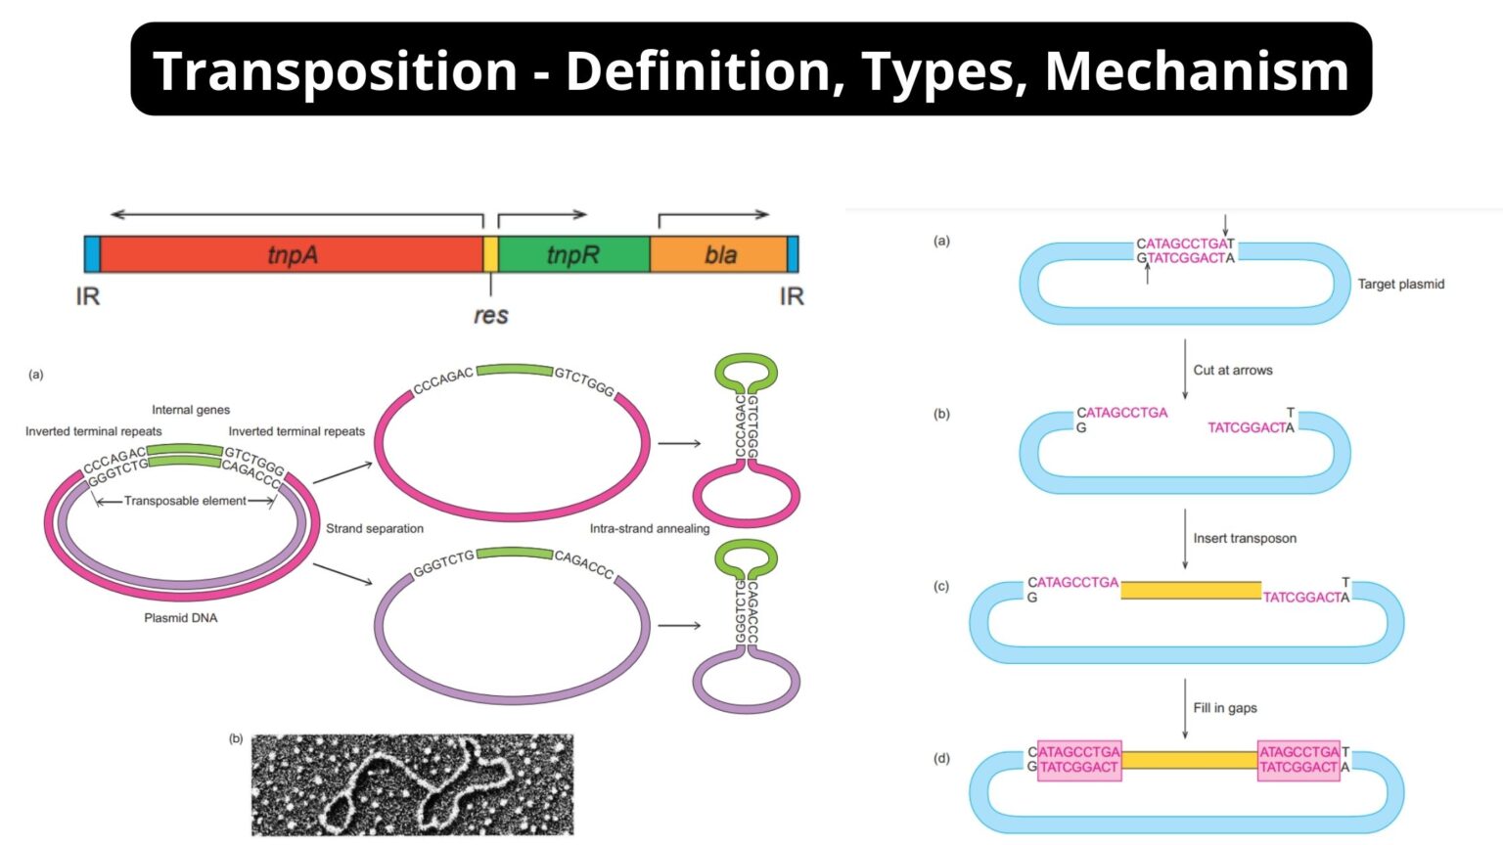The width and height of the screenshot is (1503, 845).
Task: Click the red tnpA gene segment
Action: (x=292, y=254)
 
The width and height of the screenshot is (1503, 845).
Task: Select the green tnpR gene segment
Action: (x=573, y=254)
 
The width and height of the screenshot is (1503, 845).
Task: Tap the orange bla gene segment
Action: (x=720, y=254)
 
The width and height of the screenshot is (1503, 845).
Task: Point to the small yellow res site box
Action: (x=490, y=254)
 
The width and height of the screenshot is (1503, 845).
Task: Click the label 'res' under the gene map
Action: (x=490, y=315)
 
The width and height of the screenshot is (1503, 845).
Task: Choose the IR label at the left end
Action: (x=88, y=296)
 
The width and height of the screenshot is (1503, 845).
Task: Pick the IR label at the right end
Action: (x=792, y=296)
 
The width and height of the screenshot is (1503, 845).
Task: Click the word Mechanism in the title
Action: (x=1197, y=70)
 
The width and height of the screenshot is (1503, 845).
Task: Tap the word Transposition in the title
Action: (x=335, y=70)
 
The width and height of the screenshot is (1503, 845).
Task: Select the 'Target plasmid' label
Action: (x=1400, y=285)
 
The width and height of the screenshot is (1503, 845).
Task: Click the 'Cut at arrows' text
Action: (x=1233, y=371)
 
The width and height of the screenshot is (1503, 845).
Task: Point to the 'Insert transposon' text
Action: (x=1245, y=539)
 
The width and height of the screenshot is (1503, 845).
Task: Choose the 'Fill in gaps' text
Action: (x=1225, y=708)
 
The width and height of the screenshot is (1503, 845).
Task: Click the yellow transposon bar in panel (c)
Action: (x=1191, y=590)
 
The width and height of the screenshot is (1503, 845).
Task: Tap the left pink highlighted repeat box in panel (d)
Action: (x=1078, y=759)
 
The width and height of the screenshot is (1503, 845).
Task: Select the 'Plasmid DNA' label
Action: (x=181, y=618)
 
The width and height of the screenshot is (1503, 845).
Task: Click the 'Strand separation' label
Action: (x=375, y=529)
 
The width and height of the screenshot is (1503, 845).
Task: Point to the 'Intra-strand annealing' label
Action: (x=650, y=529)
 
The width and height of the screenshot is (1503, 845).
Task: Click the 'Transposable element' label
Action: (x=185, y=501)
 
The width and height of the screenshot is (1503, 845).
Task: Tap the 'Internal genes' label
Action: (x=191, y=410)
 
